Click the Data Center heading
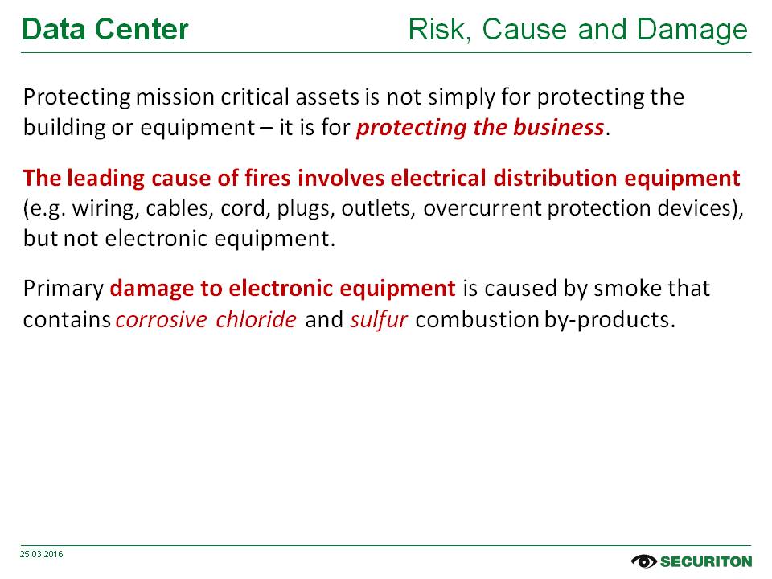pyautogui.click(x=105, y=30)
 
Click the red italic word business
pyautogui.click(x=558, y=128)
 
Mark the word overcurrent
pyautogui.click(x=482, y=209)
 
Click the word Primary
pyautogui.click(x=63, y=289)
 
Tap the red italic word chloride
pyautogui.click(x=256, y=319)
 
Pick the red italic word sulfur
pyautogui.click(x=379, y=320)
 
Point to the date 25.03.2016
pyautogui.click(x=41, y=554)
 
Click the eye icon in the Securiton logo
pyautogui.click(x=643, y=561)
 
